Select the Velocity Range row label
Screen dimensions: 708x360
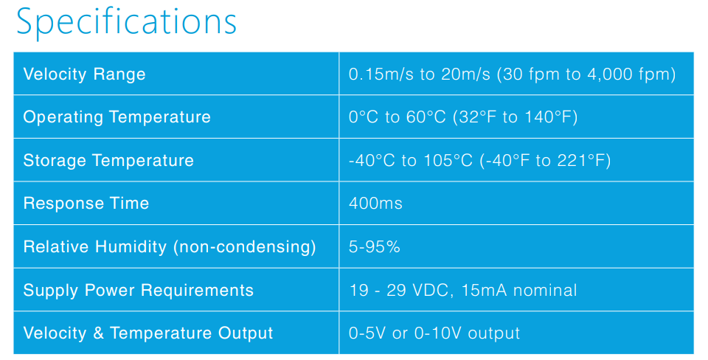pos(84,74)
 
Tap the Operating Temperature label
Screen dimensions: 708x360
pos(117,117)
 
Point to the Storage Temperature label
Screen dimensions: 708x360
pos(108,160)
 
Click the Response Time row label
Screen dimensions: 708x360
pos(86,204)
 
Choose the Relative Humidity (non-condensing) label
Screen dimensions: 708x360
pos(170,246)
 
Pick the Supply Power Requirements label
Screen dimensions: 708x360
pos(139,290)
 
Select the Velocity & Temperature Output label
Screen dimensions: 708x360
pos(148,333)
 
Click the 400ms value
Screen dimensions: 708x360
pos(375,204)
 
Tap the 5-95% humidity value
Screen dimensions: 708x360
pos(375,246)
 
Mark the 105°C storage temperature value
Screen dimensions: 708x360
pos(448,160)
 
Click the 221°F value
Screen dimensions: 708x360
pos(580,160)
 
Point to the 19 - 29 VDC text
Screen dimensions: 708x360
pos(399,290)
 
